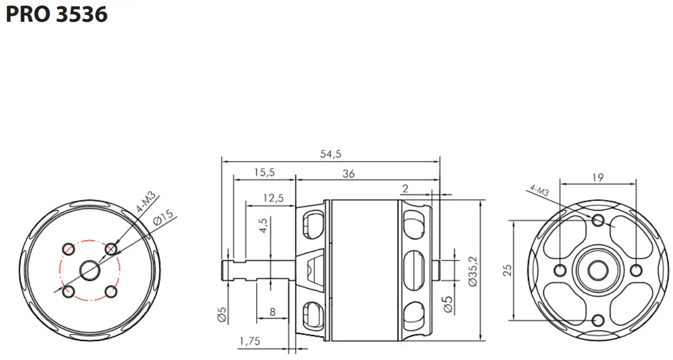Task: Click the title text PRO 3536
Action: [57, 14]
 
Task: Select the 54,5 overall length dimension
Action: [330, 154]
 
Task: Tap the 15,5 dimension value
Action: [264, 173]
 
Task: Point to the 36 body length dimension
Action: [348, 174]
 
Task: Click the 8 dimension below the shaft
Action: [272, 312]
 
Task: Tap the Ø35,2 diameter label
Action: [473, 270]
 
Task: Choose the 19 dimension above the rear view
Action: [598, 178]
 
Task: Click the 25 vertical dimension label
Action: [507, 270]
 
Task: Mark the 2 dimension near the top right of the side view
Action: [406, 188]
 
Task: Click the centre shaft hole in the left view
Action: [90, 270]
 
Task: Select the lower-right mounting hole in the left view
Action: [111, 291]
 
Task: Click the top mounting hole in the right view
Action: [598, 220]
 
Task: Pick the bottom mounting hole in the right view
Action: [598, 320]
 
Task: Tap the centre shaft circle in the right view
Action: [598, 270]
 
